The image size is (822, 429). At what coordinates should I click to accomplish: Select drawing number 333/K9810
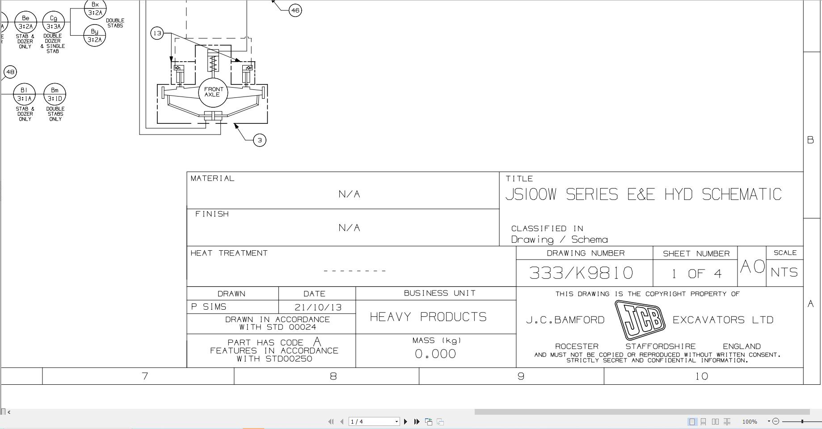pyautogui.click(x=581, y=273)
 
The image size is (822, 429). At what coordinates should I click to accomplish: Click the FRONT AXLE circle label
pyautogui.click(x=213, y=92)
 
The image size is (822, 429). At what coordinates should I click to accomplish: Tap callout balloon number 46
pyautogui.click(x=295, y=10)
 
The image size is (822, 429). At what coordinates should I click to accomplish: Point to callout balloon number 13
pyautogui.click(x=157, y=33)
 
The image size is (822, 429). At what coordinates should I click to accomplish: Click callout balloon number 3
pyautogui.click(x=260, y=140)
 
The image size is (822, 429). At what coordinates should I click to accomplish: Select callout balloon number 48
pyautogui.click(x=10, y=72)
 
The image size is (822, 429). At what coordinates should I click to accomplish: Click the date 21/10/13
pyautogui.click(x=318, y=307)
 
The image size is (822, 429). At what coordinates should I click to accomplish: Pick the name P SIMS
pyautogui.click(x=209, y=307)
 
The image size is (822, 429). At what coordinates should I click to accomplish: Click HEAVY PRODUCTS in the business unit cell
pyautogui.click(x=428, y=317)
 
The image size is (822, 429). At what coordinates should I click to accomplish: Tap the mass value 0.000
pyautogui.click(x=435, y=354)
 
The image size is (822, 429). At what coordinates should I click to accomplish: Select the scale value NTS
pyautogui.click(x=784, y=272)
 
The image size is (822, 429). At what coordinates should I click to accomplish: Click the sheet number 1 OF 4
pyautogui.click(x=696, y=273)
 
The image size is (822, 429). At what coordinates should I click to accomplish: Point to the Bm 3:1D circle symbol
pyautogui.click(x=55, y=94)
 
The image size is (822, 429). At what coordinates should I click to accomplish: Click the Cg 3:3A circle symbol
pyautogui.click(x=54, y=22)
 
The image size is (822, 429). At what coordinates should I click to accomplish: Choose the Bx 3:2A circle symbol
pyautogui.click(x=95, y=9)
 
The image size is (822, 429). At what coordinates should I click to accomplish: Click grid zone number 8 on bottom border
pyautogui.click(x=333, y=376)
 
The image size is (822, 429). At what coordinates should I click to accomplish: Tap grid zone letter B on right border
pyautogui.click(x=810, y=140)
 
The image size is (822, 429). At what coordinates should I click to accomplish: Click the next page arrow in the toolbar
pyautogui.click(x=405, y=421)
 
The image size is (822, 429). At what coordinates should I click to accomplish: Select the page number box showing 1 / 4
pyautogui.click(x=374, y=421)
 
